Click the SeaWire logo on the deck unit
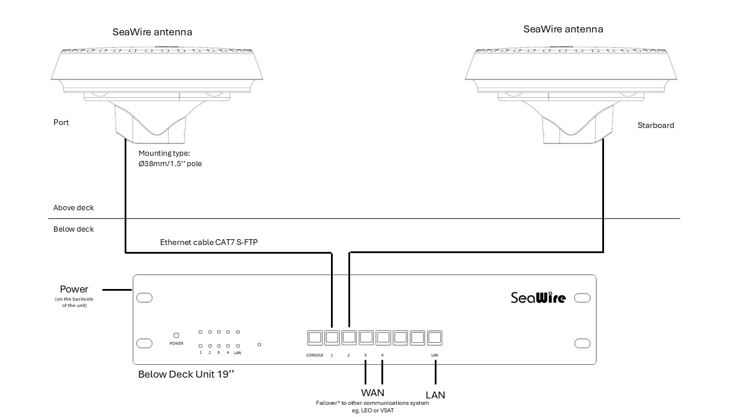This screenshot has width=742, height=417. pos(537,298)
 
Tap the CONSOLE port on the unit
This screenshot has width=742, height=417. pos(315,337)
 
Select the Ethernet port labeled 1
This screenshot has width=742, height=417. pos(332,337)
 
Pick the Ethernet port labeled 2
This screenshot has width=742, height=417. pos(349,337)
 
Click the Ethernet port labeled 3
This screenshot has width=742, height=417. pos(366,337)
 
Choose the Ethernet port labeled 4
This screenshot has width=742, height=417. pos(383,337)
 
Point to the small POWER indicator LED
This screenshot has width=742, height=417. pos(176,335)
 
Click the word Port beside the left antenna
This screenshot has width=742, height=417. pos(61,123)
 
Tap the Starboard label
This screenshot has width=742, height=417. pos(656,125)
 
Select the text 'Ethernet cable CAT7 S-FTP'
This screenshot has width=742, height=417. pos(209,242)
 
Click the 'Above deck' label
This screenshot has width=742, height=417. pos(74,208)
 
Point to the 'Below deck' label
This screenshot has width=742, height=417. pos(74,229)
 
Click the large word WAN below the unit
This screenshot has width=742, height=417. pos(373,393)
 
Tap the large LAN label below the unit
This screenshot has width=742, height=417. pos(435,395)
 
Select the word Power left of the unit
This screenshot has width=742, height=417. pos(74,289)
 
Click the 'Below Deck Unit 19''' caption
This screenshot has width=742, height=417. pos(186,374)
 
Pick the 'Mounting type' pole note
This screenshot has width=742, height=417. pos(170,159)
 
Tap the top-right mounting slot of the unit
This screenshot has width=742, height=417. pos(582,298)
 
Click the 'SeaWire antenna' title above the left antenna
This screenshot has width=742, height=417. pos(152,32)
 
